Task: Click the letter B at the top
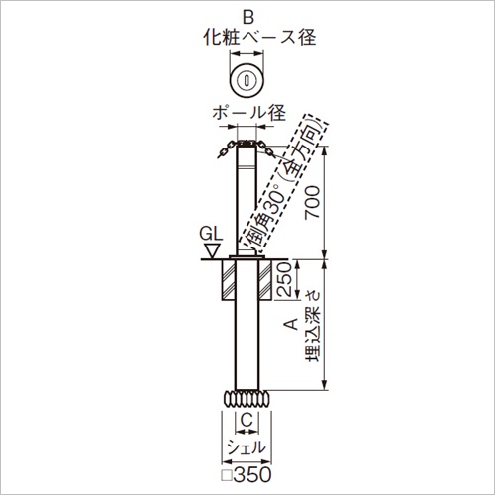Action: pyautogui.click(x=247, y=18)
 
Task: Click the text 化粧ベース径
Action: pyautogui.click(x=259, y=38)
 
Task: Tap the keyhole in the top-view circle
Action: pyautogui.click(x=247, y=79)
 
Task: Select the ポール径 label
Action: pyautogui.click(x=248, y=113)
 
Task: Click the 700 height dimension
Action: pyautogui.click(x=312, y=202)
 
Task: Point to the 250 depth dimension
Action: pyautogui.click(x=285, y=279)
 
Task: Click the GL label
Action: pyautogui.click(x=211, y=235)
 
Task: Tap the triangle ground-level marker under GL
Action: pyautogui.click(x=212, y=250)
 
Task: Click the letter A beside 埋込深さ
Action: pyautogui.click(x=291, y=324)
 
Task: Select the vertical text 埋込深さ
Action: pyautogui.click(x=312, y=327)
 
